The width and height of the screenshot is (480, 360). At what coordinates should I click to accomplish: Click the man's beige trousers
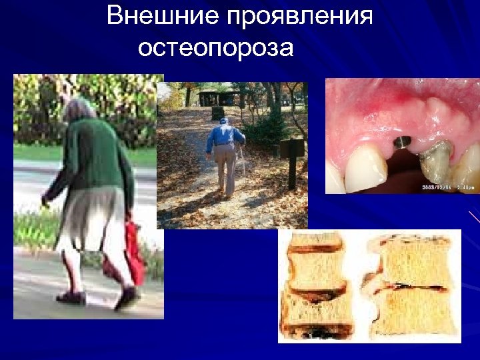(x=225, y=170)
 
